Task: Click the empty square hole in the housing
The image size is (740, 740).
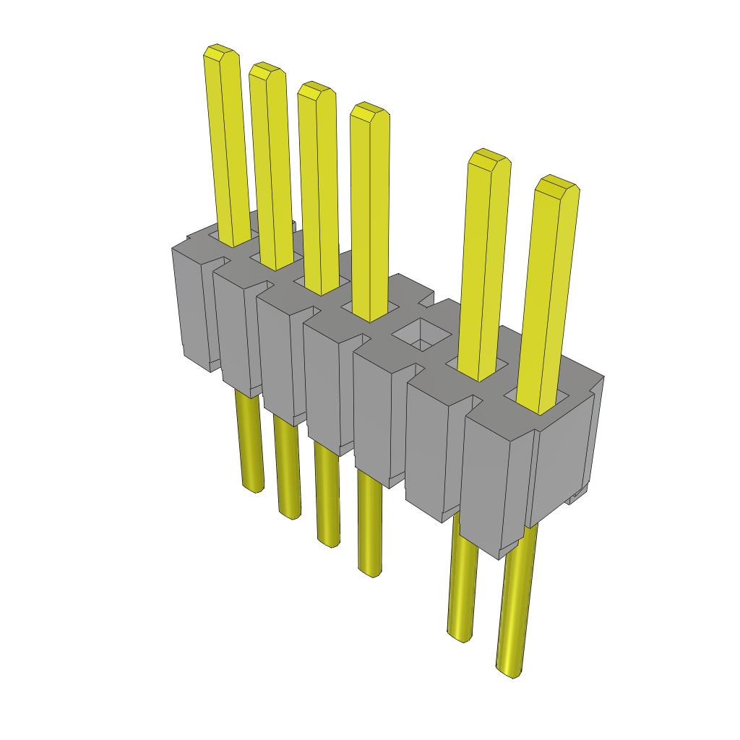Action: pyautogui.click(x=420, y=335)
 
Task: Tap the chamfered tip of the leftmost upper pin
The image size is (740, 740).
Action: pyautogui.click(x=220, y=53)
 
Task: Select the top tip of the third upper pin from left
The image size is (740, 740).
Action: pyautogui.click(x=316, y=90)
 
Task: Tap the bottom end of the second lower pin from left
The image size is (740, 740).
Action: pyautogui.click(x=290, y=514)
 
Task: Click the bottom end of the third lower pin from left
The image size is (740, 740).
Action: pyautogui.click(x=328, y=542)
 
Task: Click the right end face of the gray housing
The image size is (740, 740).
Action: pyautogui.click(x=566, y=462)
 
